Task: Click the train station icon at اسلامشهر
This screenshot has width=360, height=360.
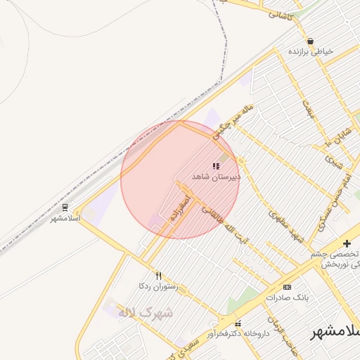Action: [65, 208]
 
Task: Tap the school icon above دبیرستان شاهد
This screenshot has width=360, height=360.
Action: [215, 167]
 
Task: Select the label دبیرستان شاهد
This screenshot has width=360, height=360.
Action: [217, 177]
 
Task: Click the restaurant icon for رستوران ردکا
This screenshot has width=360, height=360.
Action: [158, 276]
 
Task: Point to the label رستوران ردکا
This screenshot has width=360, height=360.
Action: [159, 287]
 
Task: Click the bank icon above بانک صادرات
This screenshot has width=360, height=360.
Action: [287, 287]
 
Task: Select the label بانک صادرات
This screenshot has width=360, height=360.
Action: [288, 297]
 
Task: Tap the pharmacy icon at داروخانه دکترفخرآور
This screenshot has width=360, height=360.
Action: [238, 324]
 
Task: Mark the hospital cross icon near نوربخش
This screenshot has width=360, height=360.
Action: [346, 243]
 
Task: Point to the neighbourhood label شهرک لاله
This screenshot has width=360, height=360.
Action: [146, 313]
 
